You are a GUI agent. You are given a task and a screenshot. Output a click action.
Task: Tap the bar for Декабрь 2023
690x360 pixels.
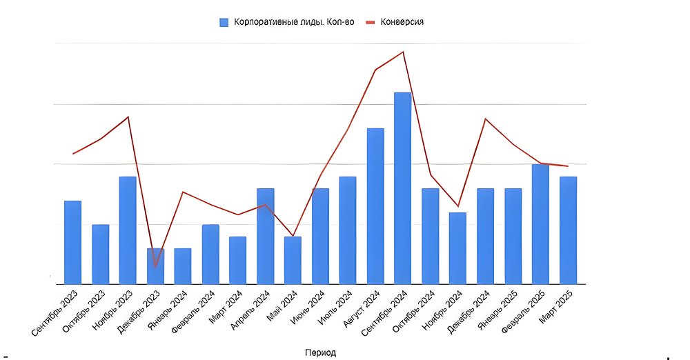(155, 266)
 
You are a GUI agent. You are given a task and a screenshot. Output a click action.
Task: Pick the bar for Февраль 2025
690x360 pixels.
(540, 223)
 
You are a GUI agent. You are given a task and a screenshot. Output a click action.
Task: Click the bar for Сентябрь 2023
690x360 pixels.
(72, 242)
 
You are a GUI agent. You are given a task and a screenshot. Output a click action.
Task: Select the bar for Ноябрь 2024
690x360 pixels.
(457, 248)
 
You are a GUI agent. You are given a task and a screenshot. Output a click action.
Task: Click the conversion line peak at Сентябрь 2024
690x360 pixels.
(403, 52)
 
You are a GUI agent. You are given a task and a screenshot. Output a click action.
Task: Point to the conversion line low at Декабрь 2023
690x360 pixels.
(155, 266)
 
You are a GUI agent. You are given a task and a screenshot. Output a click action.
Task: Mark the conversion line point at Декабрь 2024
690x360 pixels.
(486, 119)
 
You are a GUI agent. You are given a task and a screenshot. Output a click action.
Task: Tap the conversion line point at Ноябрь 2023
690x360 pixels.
(128, 117)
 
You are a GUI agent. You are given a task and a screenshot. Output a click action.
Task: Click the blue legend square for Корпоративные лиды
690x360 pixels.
(224, 22)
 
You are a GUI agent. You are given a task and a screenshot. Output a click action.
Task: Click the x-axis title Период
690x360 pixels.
(320, 352)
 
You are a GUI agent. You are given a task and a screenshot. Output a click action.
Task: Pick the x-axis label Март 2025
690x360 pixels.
(564, 306)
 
